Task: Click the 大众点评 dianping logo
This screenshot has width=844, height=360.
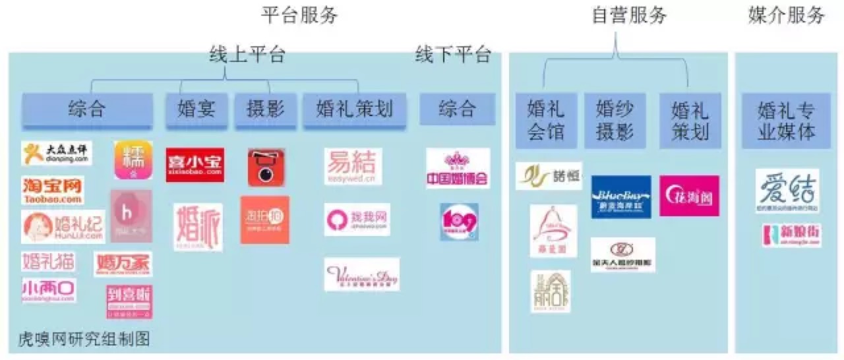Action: click(56, 154)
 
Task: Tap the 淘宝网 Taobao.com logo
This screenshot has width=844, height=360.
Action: click(53, 191)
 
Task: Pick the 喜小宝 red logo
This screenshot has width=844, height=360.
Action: click(195, 165)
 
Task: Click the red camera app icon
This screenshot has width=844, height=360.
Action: click(266, 167)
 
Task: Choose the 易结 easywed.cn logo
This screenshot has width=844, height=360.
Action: click(353, 165)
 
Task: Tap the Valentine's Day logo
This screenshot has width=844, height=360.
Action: click(362, 274)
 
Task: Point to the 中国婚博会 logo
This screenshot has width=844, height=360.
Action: click(458, 169)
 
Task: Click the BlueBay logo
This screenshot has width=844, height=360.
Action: click(621, 196)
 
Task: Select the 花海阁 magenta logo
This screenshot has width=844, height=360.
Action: click(689, 196)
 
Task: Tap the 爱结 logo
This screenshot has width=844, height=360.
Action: click(787, 191)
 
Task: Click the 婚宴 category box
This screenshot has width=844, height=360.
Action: click(196, 108)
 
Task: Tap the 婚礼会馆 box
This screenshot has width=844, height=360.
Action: click(546, 120)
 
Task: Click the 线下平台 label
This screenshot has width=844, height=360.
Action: click(453, 54)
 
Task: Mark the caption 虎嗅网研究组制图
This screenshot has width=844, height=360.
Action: click(84, 340)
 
